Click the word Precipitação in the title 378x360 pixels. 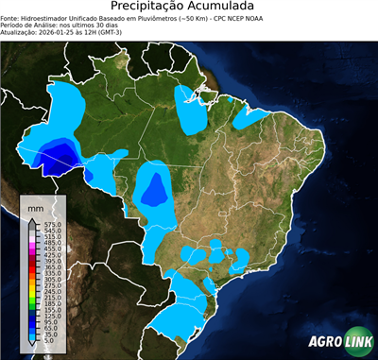(x=150, y=7)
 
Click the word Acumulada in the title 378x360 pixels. (x=227, y=7)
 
